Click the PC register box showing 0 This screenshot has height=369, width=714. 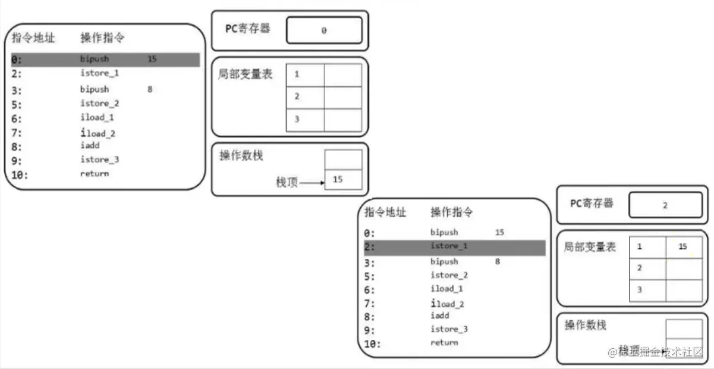tap(324, 30)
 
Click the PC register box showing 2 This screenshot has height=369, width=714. tap(665, 205)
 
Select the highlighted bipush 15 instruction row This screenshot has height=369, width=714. tap(105, 60)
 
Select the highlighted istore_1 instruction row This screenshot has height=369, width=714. tap(454, 246)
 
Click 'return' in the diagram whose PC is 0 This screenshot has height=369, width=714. tap(95, 174)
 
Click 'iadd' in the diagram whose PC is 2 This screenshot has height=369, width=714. tap(440, 316)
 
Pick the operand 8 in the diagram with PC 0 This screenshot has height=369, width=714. tap(150, 89)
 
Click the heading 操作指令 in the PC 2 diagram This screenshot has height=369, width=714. tap(452, 212)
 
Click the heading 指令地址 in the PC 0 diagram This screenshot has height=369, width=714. tap(33, 38)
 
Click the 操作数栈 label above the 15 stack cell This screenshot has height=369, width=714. tap(241, 156)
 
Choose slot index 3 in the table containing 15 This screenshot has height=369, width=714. tap(639, 290)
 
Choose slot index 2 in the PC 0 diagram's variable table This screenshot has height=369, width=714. tap(296, 97)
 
